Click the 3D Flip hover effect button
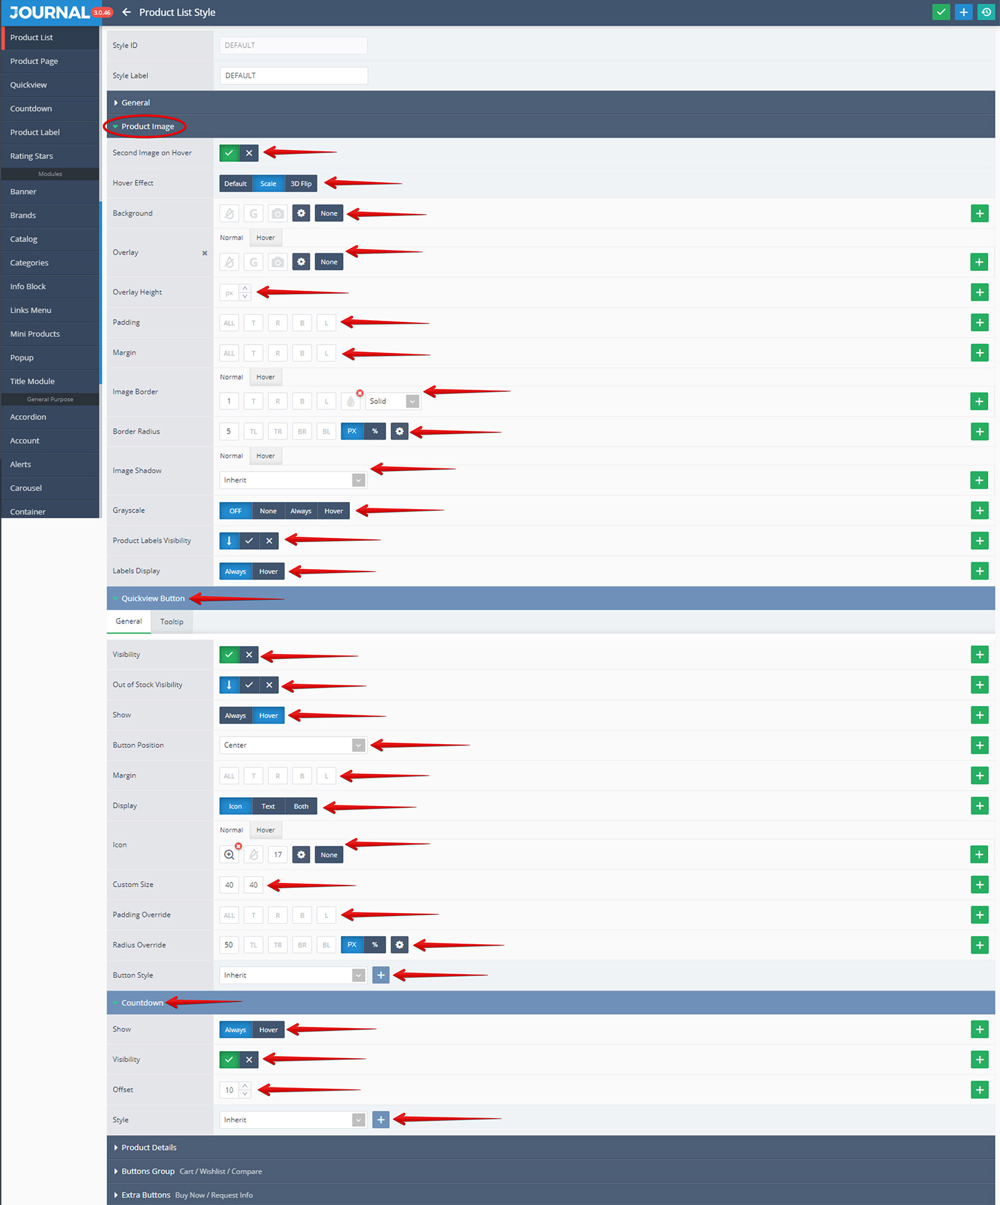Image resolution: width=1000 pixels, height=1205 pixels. coord(301,184)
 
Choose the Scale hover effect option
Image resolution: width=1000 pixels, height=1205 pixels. coord(268,184)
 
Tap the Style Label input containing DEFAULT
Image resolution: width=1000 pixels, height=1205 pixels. coord(294,76)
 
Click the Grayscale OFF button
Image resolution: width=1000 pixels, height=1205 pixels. coord(236,511)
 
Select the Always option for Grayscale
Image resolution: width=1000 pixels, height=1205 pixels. coord(301,511)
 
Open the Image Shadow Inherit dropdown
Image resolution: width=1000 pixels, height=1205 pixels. coord(292,480)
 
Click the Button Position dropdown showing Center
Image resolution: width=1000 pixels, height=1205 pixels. coord(292,745)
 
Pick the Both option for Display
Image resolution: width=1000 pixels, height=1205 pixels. coord(301,806)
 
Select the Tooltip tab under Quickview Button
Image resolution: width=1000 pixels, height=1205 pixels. coord(172,622)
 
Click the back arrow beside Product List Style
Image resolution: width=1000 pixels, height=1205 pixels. coord(126,13)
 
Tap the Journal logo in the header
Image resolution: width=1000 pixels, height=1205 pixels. coord(49,13)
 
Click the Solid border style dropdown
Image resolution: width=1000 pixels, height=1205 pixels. coord(392,401)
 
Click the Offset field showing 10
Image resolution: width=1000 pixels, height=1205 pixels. coord(229,1090)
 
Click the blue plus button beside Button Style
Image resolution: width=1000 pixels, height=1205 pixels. coord(381,975)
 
